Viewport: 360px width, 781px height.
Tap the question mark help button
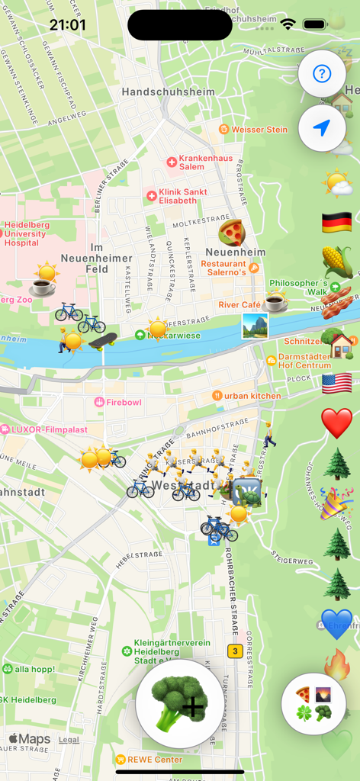pyautogui.click(x=322, y=74)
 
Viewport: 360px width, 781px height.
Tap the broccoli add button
pyautogui.click(x=180, y=704)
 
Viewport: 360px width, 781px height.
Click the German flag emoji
pyautogui.click(x=336, y=223)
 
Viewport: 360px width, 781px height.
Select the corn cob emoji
pyautogui.click(x=336, y=262)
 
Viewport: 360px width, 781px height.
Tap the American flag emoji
pyautogui.click(x=336, y=383)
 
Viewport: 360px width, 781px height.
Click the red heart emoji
pyautogui.click(x=336, y=423)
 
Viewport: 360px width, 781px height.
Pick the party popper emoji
pyautogui.click(x=336, y=503)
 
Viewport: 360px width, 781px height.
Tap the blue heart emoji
pyautogui.click(x=336, y=624)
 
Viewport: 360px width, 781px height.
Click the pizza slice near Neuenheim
pyautogui.click(x=230, y=232)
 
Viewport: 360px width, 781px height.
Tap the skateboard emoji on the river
pyautogui.click(x=102, y=339)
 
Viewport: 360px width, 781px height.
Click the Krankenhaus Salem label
pyautogui.click(x=200, y=162)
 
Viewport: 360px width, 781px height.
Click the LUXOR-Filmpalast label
pyautogui.click(x=42, y=429)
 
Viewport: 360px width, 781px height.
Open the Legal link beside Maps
pyautogui.click(x=69, y=740)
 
